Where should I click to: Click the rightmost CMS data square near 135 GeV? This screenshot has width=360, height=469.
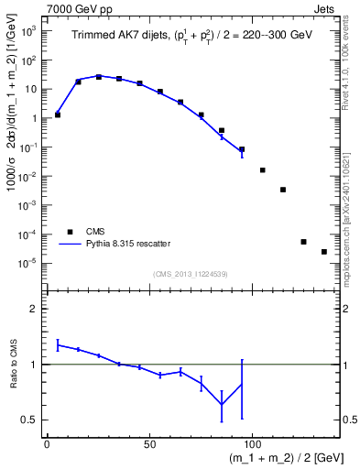click(x=323, y=252)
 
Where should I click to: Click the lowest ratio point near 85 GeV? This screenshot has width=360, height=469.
click(x=222, y=405)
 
